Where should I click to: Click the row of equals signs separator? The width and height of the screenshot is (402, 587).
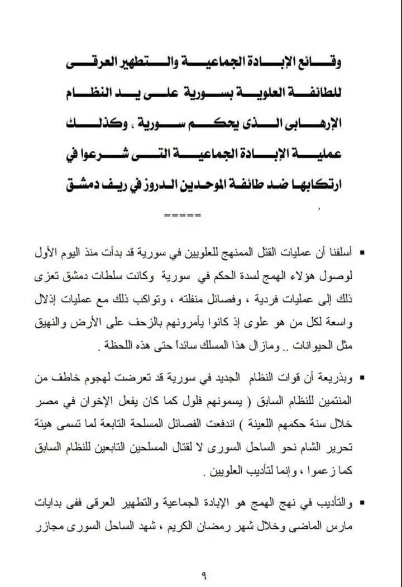(176, 215)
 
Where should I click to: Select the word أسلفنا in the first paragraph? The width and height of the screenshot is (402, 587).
(335, 255)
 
